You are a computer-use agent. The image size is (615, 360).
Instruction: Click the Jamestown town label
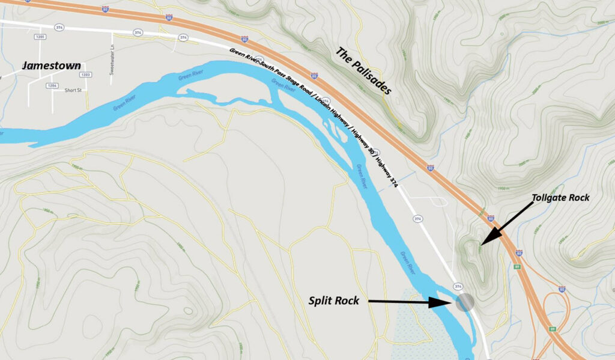tap(51, 66)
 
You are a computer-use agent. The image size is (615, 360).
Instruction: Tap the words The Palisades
tap(363, 72)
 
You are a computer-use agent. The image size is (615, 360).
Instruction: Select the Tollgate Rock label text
tap(561, 198)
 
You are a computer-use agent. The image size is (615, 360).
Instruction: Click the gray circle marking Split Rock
tap(464, 302)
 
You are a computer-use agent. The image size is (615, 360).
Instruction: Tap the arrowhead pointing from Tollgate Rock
tap(484, 242)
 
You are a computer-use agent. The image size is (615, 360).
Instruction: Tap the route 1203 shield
tap(86, 75)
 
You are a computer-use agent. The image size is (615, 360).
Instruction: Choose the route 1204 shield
tap(52, 86)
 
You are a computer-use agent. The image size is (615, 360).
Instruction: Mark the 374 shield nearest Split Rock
tap(458, 285)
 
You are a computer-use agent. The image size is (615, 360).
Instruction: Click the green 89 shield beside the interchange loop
tap(551, 329)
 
